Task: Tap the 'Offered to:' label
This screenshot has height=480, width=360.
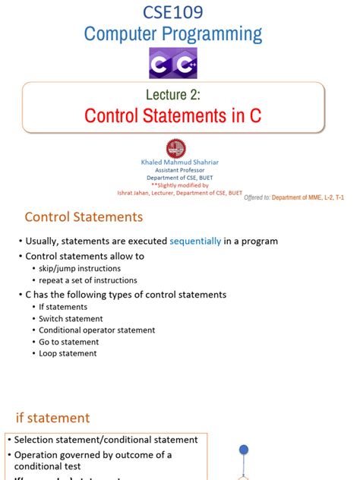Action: (x=257, y=197)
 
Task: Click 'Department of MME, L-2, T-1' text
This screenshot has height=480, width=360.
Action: (x=313, y=197)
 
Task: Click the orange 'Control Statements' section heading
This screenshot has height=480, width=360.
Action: (x=84, y=217)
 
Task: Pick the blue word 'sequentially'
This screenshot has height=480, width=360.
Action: (x=195, y=241)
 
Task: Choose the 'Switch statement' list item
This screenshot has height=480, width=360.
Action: (x=71, y=318)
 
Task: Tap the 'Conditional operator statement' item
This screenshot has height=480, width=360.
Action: (x=96, y=330)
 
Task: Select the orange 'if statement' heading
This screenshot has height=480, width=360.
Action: (x=53, y=418)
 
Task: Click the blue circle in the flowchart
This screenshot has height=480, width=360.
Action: (x=244, y=450)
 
